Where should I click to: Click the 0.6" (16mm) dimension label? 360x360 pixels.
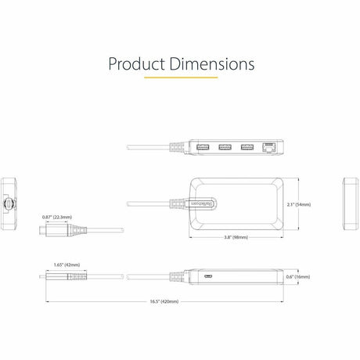[297, 277]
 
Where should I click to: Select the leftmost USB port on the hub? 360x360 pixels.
[203, 147]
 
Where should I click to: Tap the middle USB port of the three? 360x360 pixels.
[225, 147]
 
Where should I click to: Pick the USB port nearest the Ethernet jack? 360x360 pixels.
[247, 147]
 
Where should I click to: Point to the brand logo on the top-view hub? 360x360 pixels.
[193, 203]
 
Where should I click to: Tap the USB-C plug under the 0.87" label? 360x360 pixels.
[45, 232]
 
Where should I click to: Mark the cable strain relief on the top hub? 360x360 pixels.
[175, 147]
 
